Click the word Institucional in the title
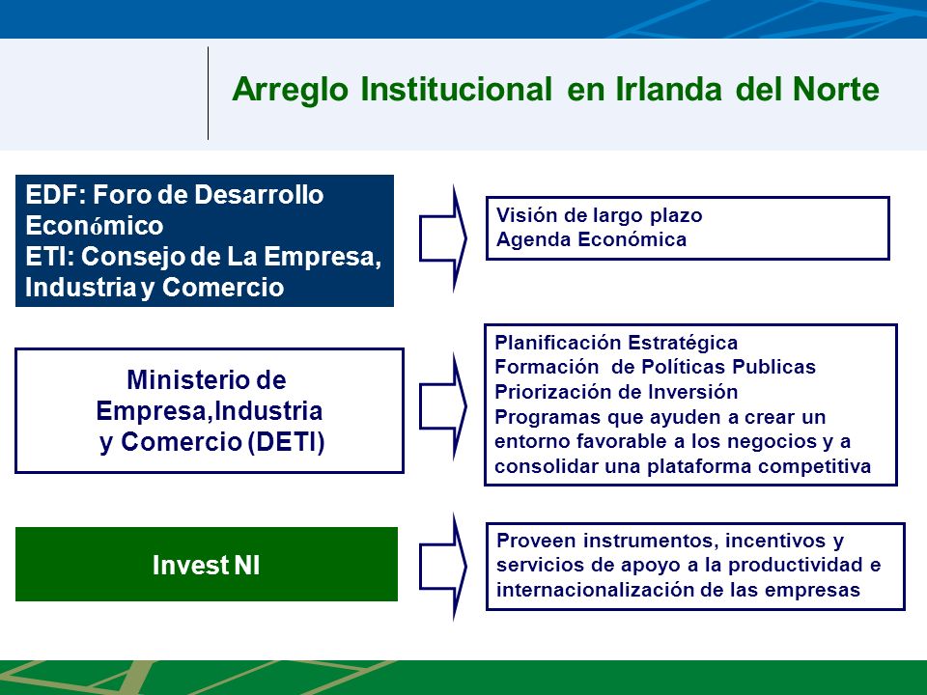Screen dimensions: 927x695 [x=456, y=89]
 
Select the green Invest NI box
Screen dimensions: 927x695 [x=207, y=564]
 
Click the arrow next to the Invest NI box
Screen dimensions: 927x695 [x=443, y=567]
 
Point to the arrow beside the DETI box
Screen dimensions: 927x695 [x=443, y=406]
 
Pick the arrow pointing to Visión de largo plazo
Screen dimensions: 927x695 [x=443, y=238]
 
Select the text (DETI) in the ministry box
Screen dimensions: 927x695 [x=286, y=442]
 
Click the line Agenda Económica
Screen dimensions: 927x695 [x=591, y=239]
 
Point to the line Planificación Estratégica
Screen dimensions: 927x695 [x=616, y=343]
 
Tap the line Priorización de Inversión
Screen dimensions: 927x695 [x=616, y=392]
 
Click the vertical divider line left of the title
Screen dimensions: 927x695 [x=209, y=94]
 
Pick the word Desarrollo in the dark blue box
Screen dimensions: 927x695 [x=259, y=194]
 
